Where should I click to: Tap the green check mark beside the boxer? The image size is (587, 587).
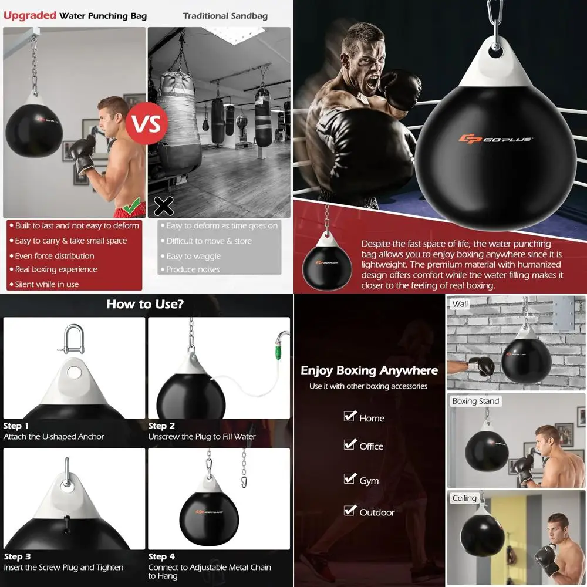(131, 205)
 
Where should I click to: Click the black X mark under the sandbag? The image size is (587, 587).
(163, 205)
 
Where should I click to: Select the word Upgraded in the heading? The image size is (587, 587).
(30, 15)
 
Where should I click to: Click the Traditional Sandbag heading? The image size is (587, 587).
(225, 16)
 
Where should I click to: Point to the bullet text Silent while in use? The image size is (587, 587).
(47, 284)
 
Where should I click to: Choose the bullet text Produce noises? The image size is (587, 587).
(193, 269)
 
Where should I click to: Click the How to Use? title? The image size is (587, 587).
(145, 304)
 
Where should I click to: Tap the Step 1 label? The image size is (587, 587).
(16, 426)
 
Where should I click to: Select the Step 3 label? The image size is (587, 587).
(17, 556)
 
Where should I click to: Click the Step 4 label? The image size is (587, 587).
(161, 556)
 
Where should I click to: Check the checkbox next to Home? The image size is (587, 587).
(350, 416)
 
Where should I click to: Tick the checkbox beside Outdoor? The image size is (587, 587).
(350, 510)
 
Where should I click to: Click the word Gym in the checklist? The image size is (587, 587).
(369, 481)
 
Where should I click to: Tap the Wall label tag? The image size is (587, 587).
(460, 304)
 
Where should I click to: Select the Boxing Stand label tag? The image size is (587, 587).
(475, 402)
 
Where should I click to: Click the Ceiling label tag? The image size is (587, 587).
(464, 498)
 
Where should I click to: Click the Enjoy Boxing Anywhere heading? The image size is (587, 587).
(369, 370)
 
